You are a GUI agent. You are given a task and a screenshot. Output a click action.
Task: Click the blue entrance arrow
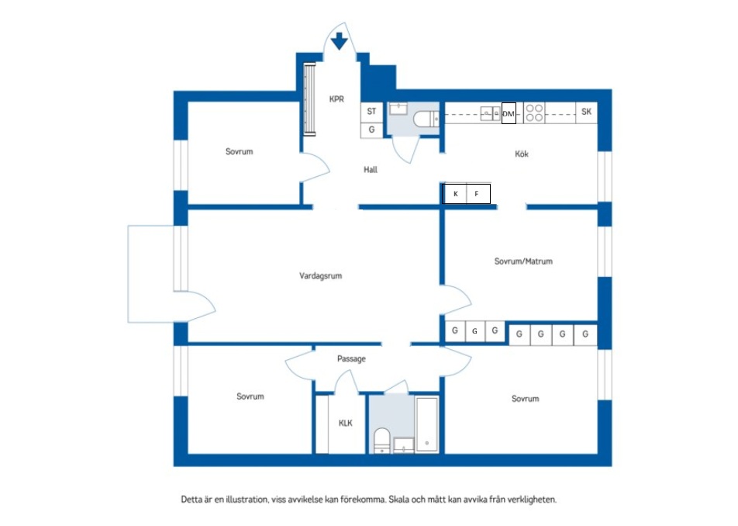tap(339, 41)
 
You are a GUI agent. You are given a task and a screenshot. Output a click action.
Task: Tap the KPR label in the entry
tap(336, 99)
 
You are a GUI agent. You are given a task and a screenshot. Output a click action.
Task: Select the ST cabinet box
tap(372, 112)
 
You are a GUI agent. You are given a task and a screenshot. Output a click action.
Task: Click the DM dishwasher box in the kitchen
tap(509, 113)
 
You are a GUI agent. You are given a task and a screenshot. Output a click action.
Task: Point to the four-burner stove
tap(534, 113)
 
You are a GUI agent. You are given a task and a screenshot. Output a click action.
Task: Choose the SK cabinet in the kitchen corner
tap(586, 112)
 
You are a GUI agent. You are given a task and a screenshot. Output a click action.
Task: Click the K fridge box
tap(454, 193)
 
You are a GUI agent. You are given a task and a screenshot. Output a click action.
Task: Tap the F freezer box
tap(478, 193)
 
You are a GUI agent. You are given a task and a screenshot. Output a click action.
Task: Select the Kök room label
tap(522, 154)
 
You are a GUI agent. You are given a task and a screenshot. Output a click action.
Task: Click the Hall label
tap(371, 170)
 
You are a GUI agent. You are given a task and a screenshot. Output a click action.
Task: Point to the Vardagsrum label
tap(320, 276)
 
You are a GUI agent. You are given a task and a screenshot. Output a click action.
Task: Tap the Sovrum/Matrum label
tap(523, 261)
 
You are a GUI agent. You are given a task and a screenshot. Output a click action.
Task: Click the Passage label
tap(351, 359)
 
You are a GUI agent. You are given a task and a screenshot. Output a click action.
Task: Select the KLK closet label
tap(346, 423)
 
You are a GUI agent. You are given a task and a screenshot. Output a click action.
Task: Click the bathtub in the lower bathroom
tap(427, 424)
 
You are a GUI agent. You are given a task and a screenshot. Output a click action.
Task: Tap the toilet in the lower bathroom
tap(381, 441)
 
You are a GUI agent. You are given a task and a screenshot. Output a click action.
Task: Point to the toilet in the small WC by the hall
tap(426, 119)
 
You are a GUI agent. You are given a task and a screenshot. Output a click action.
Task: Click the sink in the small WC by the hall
tap(398, 109)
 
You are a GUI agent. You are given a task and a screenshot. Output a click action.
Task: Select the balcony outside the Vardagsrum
tap(151, 274)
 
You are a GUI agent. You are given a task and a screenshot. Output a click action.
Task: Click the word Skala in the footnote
tap(399, 499)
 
